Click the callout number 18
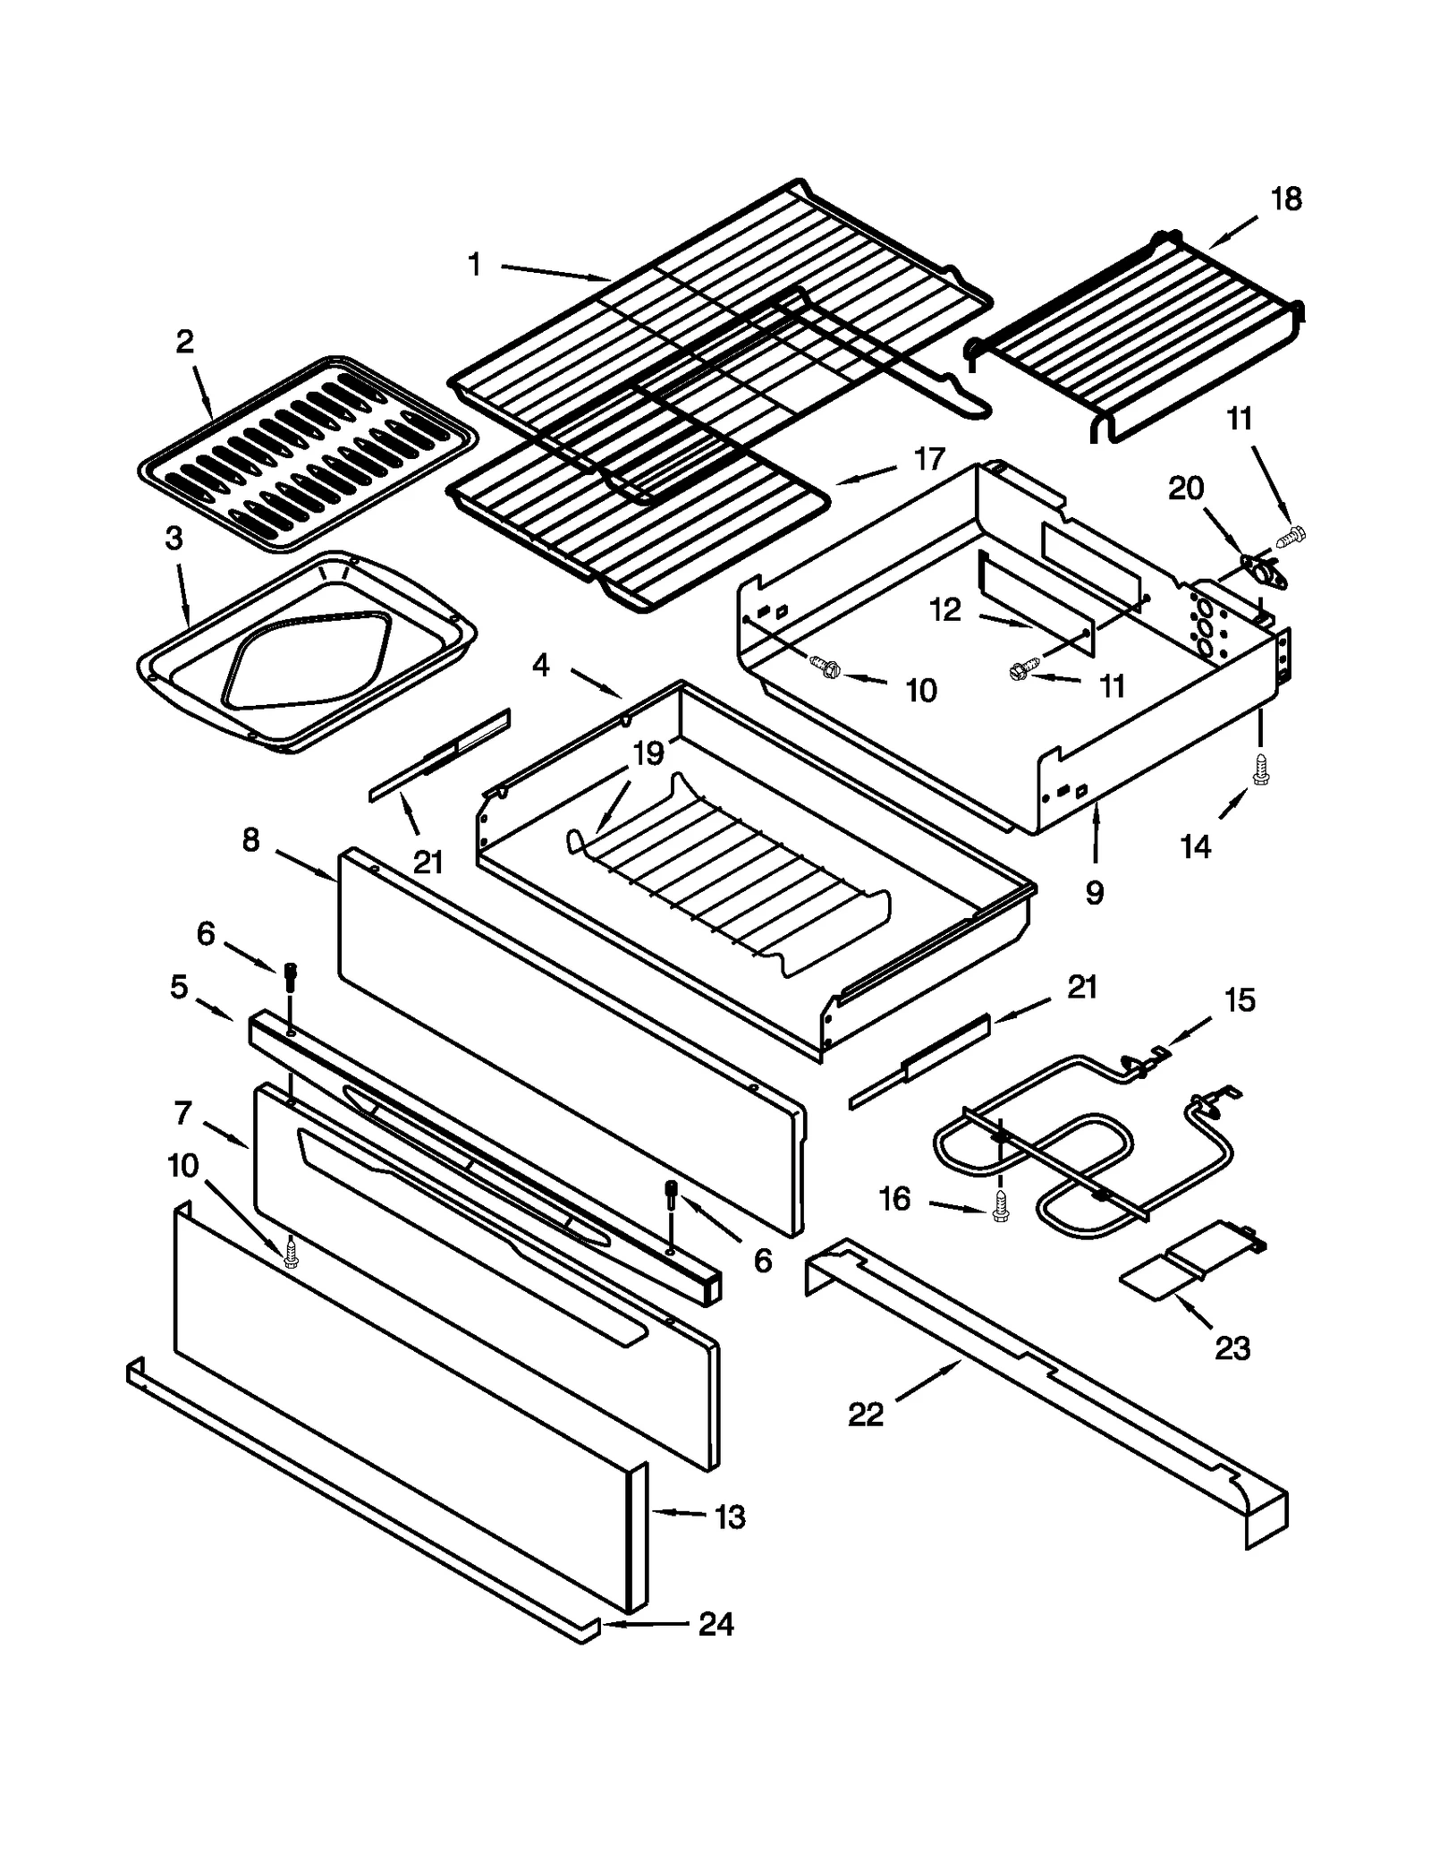[1286, 200]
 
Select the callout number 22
[865, 1415]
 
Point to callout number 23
[1232, 1347]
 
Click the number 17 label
[929, 459]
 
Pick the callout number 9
[1095, 892]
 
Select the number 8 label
[250, 839]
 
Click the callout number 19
[648, 753]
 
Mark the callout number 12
[945, 610]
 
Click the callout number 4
[540, 666]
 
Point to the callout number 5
[179, 988]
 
